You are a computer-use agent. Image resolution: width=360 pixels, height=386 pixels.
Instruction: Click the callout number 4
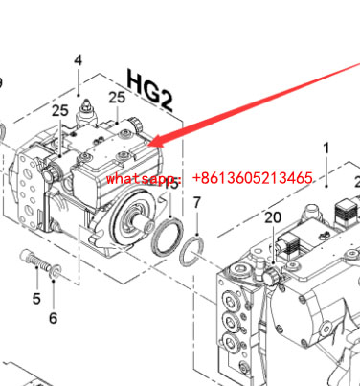tap(79, 60)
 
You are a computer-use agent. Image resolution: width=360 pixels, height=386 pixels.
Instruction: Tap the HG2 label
tap(150, 90)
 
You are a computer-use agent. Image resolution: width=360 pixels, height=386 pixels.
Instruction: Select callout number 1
tap(326, 148)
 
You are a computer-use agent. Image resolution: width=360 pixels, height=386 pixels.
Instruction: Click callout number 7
tap(197, 203)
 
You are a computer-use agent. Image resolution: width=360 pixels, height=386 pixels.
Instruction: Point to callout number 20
tap(273, 217)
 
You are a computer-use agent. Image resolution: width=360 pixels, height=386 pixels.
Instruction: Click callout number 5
tap(36, 299)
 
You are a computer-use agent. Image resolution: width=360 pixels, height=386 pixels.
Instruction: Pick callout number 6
tap(54, 318)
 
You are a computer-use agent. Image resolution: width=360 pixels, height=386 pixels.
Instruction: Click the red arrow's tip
tap(148, 146)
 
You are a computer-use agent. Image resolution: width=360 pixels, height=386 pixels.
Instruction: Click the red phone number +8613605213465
tap(253, 178)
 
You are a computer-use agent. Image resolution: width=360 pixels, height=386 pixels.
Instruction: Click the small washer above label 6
tap(56, 272)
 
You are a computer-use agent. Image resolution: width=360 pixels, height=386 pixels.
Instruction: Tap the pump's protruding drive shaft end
tap(146, 224)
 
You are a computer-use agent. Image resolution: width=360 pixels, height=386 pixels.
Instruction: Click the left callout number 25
tap(60, 110)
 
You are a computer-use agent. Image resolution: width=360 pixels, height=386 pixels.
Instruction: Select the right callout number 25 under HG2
tap(117, 98)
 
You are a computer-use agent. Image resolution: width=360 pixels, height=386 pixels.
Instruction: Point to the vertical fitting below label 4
tap(85, 113)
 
